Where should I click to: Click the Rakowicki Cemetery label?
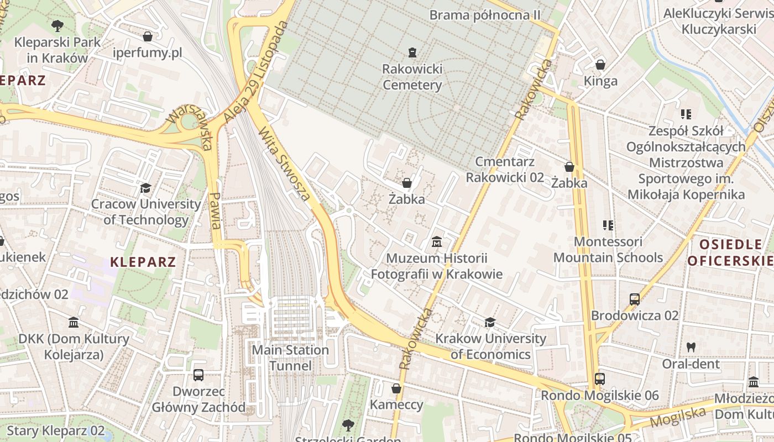[412, 77]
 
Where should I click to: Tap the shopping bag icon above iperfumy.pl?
[148, 37]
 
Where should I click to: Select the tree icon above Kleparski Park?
[57, 25]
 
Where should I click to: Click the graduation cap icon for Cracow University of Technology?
[145, 188]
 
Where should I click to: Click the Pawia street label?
[216, 211]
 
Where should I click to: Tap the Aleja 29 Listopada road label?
[257, 72]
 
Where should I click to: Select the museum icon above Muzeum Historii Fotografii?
[437, 242]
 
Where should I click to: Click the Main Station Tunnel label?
[290, 357]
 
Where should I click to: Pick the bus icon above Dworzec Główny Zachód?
[198, 375]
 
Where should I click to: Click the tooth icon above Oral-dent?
[691, 348]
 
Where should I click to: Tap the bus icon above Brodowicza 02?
[635, 299]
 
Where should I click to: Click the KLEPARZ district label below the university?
[143, 262]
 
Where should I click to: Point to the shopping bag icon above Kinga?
[600, 65]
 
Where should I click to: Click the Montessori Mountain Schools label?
[608, 250]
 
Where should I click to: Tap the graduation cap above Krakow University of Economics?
[490, 322]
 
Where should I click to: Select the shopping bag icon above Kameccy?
[396, 388]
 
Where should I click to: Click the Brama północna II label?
[485, 15]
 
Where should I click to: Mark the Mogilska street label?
[678, 417]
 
